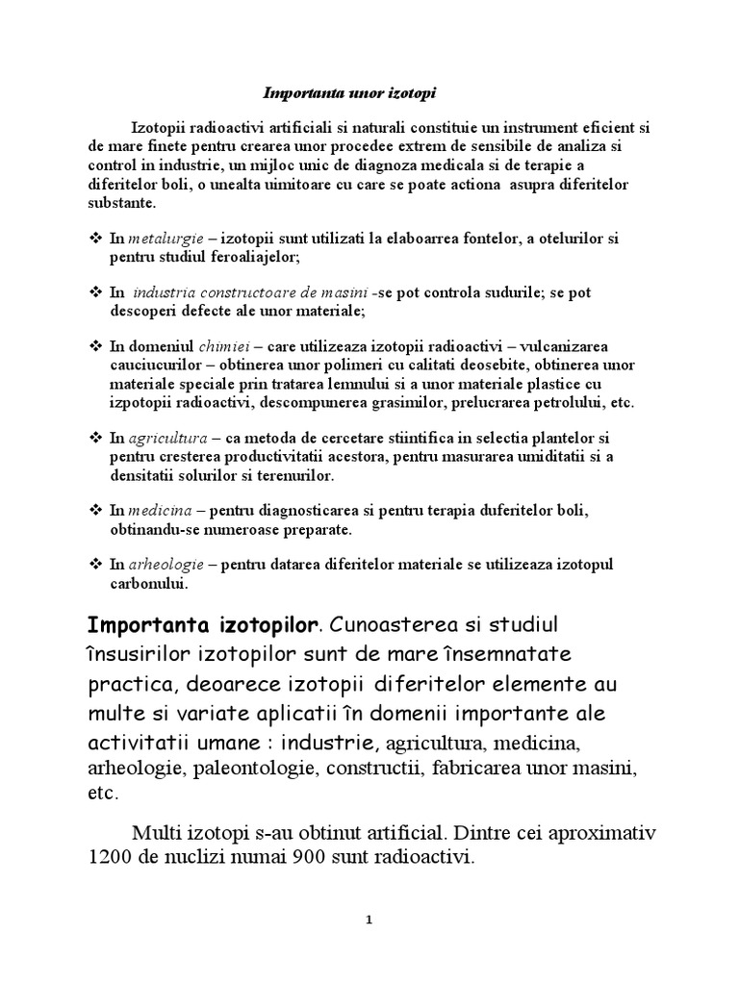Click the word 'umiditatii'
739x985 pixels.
(x=550, y=457)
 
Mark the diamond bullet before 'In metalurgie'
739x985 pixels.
(x=94, y=239)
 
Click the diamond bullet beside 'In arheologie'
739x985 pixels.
(x=94, y=565)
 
